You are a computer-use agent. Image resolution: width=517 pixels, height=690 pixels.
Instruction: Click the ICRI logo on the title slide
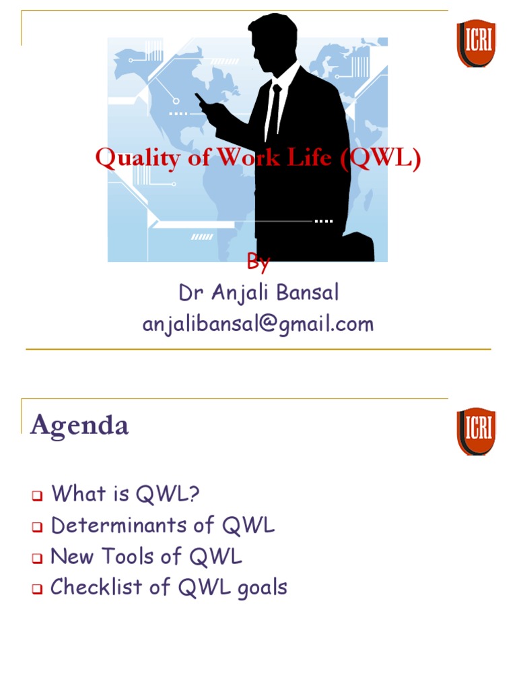pyautogui.click(x=476, y=43)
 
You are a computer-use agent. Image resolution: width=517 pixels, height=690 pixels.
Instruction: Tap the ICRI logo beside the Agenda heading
pyautogui.click(x=476, y=431)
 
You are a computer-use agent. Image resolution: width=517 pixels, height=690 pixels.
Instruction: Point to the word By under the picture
pyautogui.click(x=258, y=263)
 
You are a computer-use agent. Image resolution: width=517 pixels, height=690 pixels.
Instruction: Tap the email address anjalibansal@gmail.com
pyautogui.click(x=258, y=324)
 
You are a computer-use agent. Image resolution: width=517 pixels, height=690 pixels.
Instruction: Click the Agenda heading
pyautogui.click(x=79, y=425)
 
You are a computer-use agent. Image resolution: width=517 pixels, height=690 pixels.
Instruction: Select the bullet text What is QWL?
pyautogui.click(x=126, y=494)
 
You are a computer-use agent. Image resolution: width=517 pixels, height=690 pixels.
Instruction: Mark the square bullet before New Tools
pyautogui.click(x=37, y=559)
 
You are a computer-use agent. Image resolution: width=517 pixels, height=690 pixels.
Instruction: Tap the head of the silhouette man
pyautogui.click(x=274, y=40)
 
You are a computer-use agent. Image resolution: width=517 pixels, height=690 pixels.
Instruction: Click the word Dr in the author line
pyautogui.click(x=190, y=293)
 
